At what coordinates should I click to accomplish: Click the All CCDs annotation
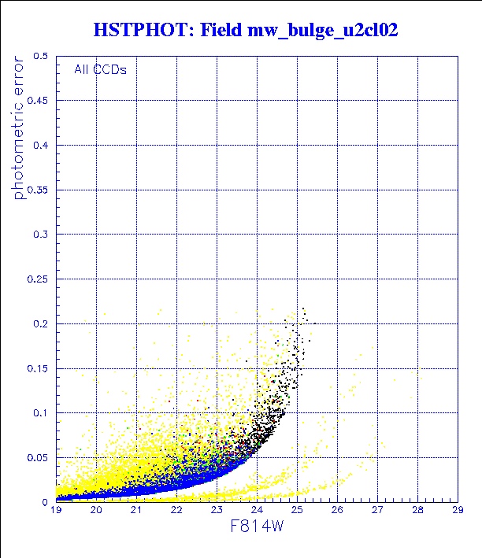point(100,69)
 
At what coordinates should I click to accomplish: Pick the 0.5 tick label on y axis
point(41,57)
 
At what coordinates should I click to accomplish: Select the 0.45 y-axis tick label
point(38,101)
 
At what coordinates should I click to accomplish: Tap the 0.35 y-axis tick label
point(38,190)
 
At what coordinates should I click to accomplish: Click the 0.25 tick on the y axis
point(38,279)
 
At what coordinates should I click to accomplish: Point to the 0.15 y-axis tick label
point(38,368)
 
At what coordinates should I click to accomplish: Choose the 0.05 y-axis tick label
point(38,457)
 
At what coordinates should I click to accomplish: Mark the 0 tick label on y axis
point(46,501)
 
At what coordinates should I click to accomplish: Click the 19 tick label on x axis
point(56,511)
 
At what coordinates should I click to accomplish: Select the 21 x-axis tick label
point(136,511)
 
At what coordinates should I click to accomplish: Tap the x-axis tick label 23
point(217,511)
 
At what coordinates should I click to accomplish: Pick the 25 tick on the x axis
point(297,511)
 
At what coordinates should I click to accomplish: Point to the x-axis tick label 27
point(377,511)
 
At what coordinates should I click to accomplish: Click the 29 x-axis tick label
point(457,511)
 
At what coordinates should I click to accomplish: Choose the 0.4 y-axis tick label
point(41,146)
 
